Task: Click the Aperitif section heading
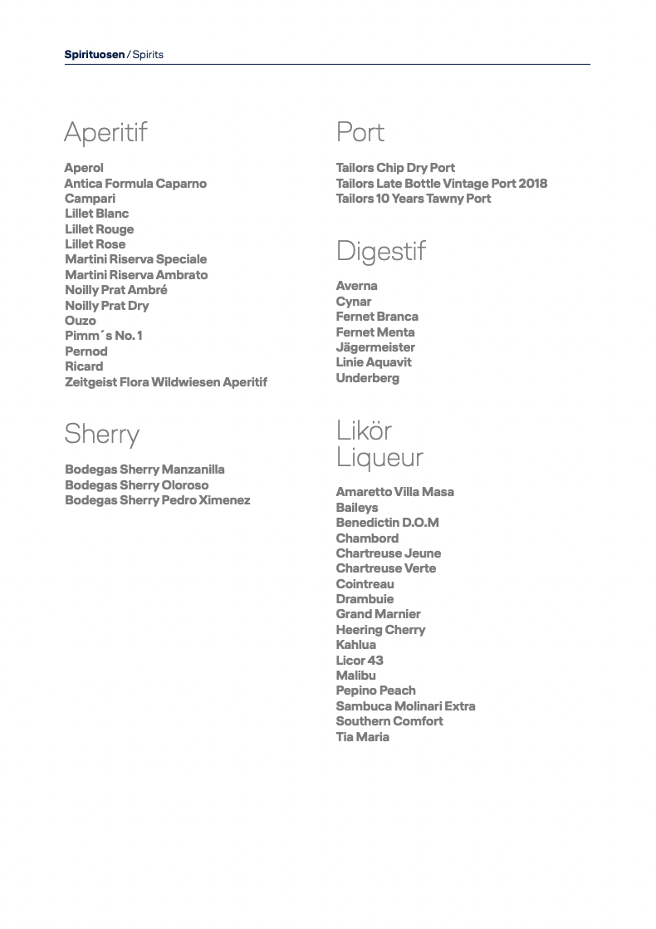point(105,132)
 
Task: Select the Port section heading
point(360,132)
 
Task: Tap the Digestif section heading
point(380,251)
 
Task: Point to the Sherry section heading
point(102,434)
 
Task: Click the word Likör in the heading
point(364,430)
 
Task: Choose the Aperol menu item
point(84,168)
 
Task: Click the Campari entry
point(90,199)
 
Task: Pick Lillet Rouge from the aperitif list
point(99,229)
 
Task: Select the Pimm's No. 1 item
point(104,336)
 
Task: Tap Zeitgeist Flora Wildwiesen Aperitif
point(166,382)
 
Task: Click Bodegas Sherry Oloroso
point(137,485)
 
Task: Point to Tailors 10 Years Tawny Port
point(413,199)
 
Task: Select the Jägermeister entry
point(375,347)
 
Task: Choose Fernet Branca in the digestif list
point(377,317)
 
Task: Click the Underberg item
point(367,378)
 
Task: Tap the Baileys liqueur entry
point(356,508)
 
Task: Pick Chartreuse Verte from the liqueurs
point(385,568)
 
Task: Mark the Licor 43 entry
point(360,661)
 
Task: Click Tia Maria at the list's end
point(362,737)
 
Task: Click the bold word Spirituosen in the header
point(95,55)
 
